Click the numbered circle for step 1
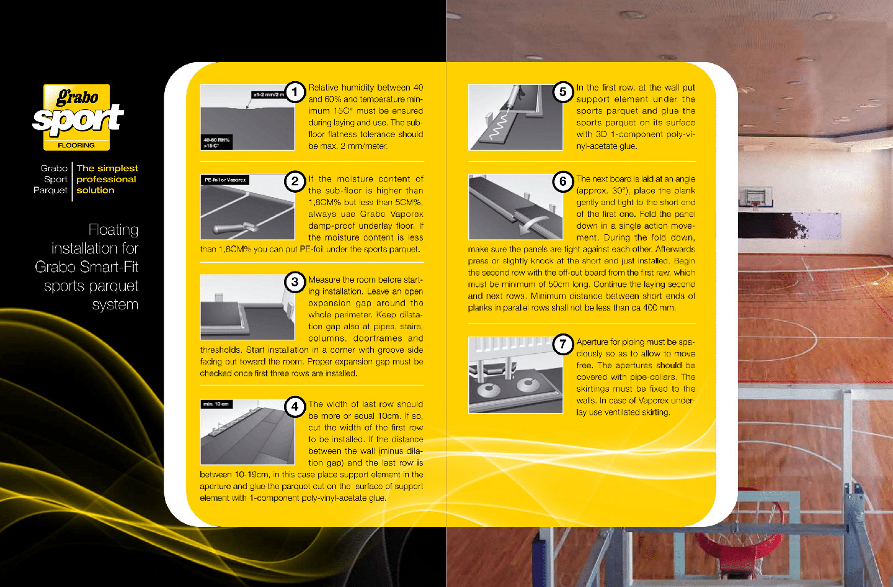[x=295, y=92]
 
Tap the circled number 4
[x=295, y=407]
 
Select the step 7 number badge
[x=563, y=344]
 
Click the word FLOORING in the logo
[x=76, y=146]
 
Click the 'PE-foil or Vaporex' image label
[x=225, y=180]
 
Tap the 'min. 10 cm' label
[x=216, y=404]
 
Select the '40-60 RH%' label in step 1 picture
[x=216, y=140]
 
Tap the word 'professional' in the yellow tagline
[x=107, y=180]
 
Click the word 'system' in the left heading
[x=115, y=305]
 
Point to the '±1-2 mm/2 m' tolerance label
[x=269, y=95]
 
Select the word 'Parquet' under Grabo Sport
[x=50, y=190]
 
